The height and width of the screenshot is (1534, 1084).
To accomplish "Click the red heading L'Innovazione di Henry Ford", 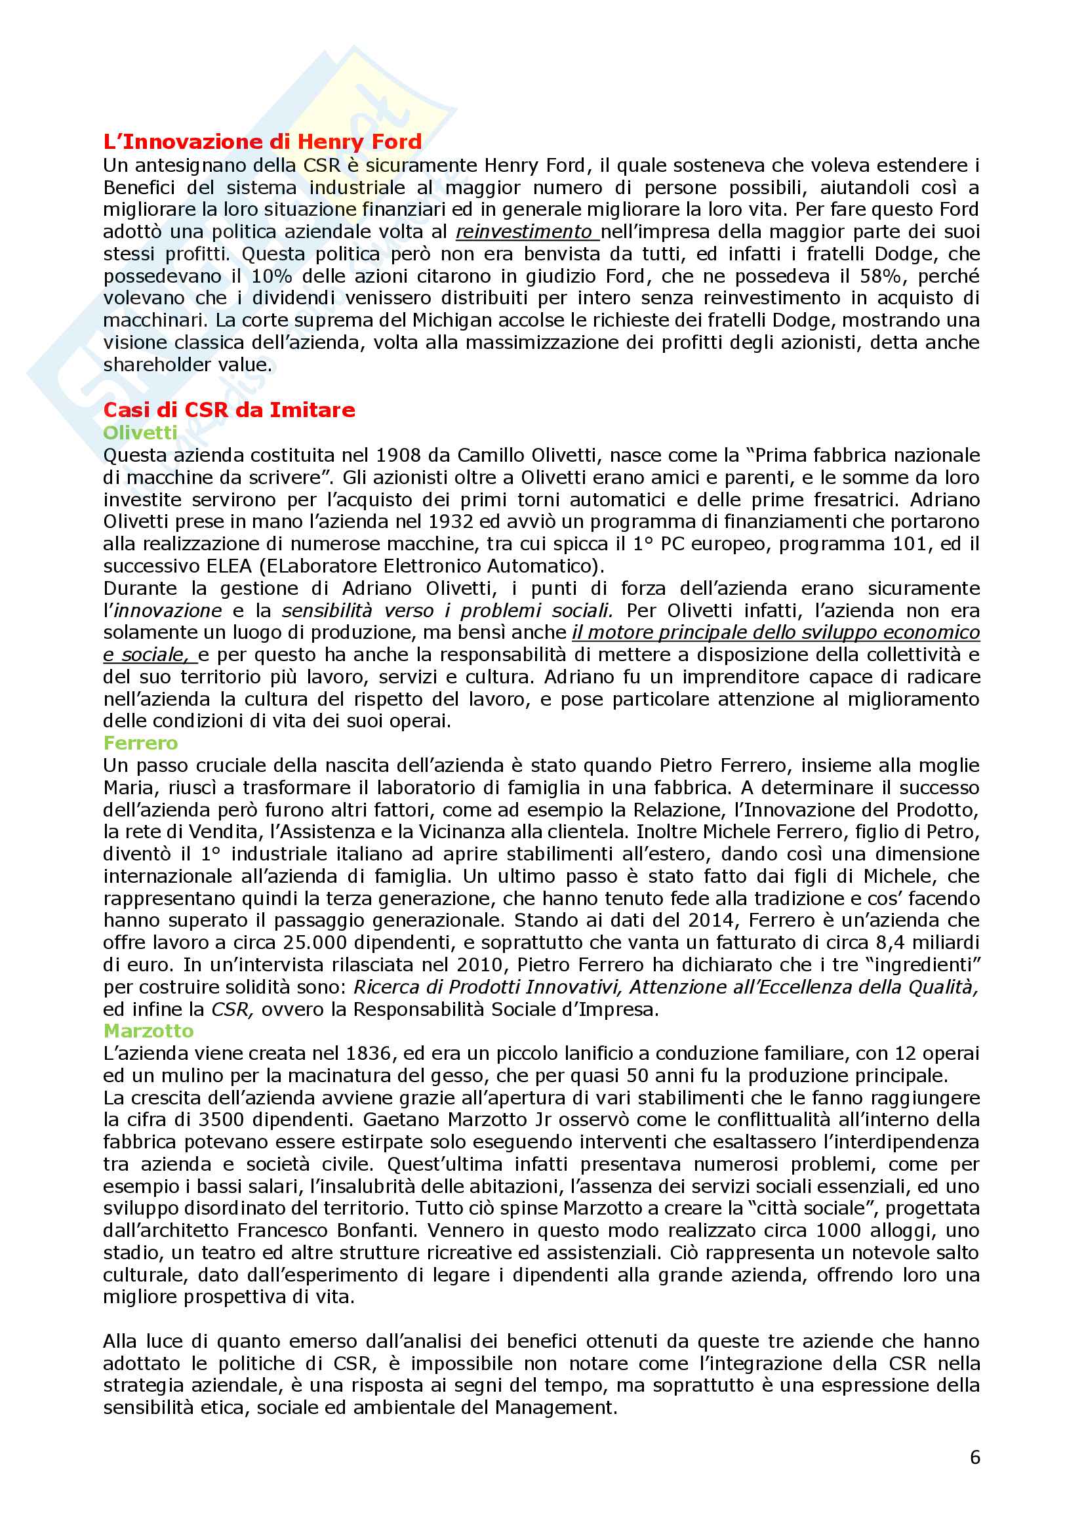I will coord(262,142).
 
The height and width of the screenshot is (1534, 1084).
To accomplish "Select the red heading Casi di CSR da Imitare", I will coord(229,409).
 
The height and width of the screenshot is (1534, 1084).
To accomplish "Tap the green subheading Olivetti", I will coord(140,433).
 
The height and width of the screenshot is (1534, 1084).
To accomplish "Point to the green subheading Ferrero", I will coord(140,743).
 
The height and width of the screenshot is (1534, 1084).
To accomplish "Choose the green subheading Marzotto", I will coord(148,1031).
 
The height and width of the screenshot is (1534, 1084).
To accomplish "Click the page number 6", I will coord(974,1457).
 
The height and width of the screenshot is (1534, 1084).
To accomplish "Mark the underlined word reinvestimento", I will coord(525,232).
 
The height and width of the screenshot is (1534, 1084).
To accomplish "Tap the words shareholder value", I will coord(187,365).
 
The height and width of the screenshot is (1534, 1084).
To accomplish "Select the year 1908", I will coord(399,456).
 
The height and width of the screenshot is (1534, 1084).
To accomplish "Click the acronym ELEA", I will coord(229,567).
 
